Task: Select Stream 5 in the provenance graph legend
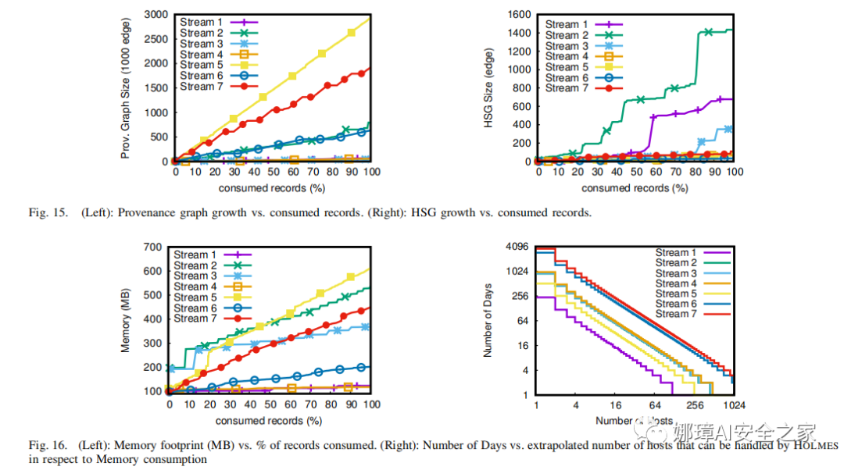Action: coord(196,65)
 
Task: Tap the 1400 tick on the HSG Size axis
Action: coord(519,33)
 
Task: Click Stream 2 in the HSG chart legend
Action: coord(562,35)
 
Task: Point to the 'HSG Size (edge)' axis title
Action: coord(490,87)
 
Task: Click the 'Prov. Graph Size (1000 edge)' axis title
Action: coord(126,87)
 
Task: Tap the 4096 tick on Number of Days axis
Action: coord(518,247)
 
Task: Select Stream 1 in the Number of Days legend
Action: coord(671,253)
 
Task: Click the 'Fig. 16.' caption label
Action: coord(45,445)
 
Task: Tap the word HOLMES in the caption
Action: coord(816,445)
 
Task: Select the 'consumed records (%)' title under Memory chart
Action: coord(269,421)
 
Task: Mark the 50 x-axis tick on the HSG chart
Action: coord(635,174)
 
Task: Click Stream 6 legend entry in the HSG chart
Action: coord(562,78)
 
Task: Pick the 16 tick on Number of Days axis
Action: coord(524,346)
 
